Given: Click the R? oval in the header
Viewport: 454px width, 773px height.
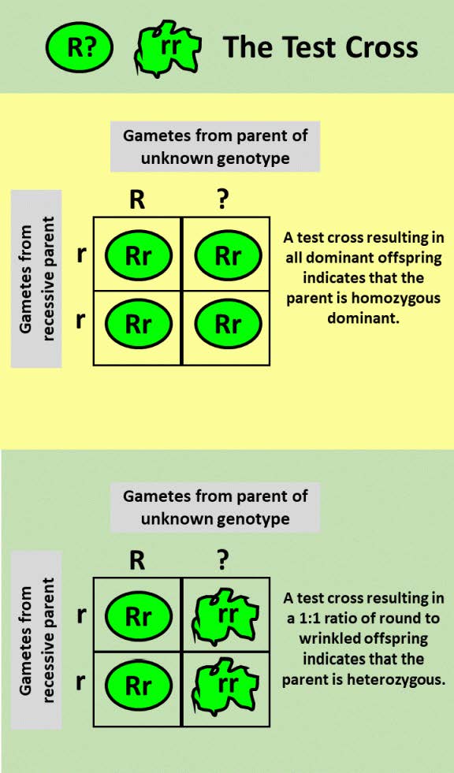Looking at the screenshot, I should (x=80, y=47).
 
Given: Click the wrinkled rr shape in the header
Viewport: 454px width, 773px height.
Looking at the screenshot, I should (x=169, y=47).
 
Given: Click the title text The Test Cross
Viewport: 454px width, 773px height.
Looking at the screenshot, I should (x=320, y=47).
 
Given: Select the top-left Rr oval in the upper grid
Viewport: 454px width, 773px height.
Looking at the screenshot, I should (x=138, y=255).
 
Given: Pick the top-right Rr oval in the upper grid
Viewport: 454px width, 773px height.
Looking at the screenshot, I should (x=228, y=255).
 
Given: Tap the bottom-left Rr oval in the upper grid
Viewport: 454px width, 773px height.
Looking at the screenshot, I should (x=138, y=324).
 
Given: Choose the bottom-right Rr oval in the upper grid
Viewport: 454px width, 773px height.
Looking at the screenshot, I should (x=228, y=324).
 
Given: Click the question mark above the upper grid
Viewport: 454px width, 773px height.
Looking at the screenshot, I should (x=223, y=200).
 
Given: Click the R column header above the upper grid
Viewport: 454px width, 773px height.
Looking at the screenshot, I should (x=138, y=200).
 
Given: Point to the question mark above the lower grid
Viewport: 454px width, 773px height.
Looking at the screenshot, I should (x=223, y=560).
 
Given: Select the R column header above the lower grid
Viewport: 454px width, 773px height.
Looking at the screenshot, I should (x=138, y=560).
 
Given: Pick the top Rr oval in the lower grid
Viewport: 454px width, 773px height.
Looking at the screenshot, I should (x=138, y=616).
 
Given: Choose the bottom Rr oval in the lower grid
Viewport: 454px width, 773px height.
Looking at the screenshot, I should (x=138, y=685).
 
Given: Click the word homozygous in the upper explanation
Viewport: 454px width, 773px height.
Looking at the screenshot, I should (x=404, y=299).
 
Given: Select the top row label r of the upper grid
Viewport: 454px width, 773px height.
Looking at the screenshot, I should (x=81, y=255).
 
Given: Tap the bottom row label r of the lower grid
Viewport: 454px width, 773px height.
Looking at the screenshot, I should (x=81, y=682).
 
